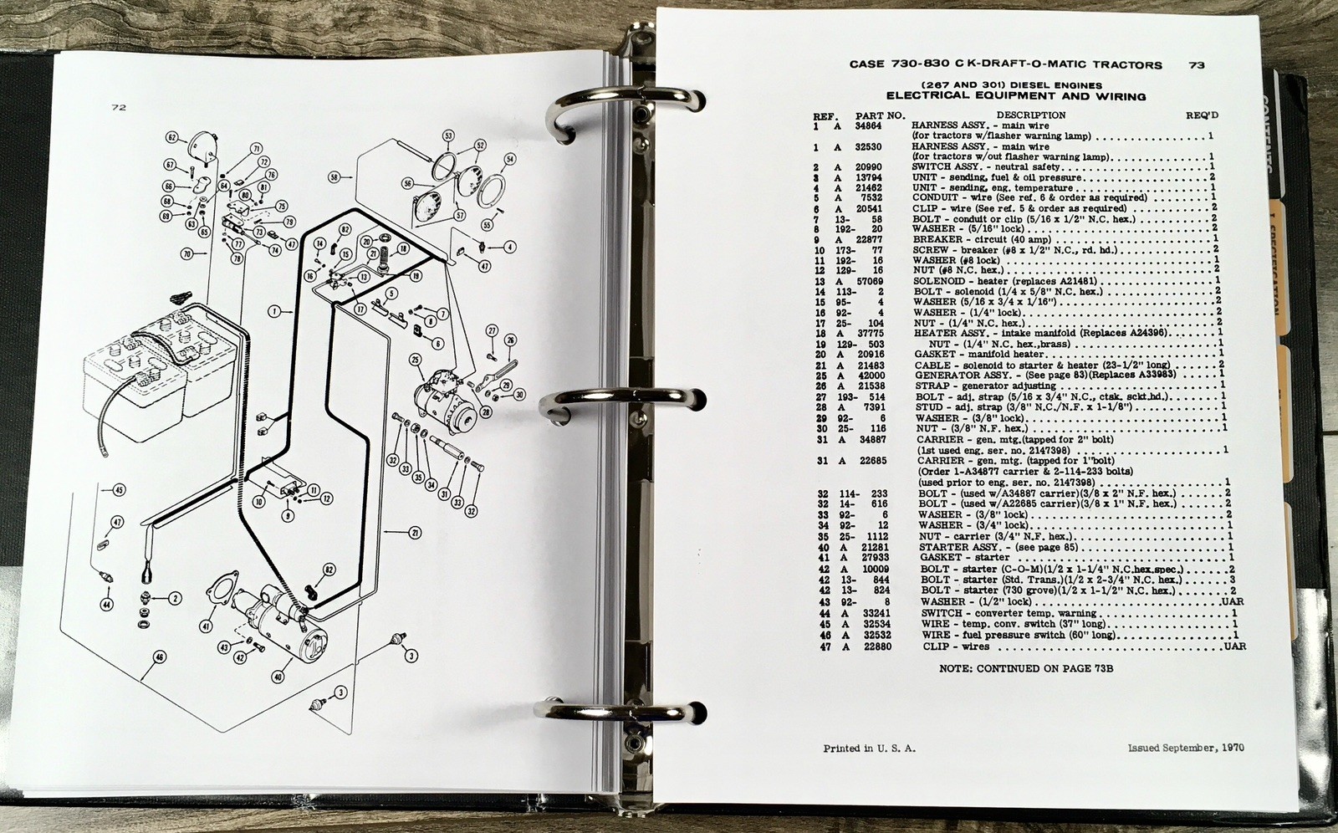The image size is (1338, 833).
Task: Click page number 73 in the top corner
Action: [1197, 64]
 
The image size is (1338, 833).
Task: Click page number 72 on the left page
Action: [118, 107]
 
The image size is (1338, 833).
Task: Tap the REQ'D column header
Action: [1203, 115]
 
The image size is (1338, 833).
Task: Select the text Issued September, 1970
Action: [1185, 748]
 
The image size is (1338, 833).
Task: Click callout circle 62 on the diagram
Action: [172, 137]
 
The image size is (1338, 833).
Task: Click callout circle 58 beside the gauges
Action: [335, 176]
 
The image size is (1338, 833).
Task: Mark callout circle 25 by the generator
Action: [413, 360]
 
